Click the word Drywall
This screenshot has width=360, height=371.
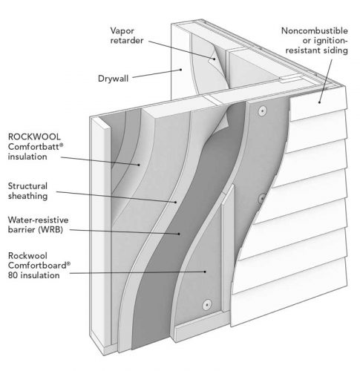click(x=113, y=79)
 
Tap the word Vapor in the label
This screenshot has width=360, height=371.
click(x=122, y=31)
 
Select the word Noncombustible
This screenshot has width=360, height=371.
click(x=315, y=30)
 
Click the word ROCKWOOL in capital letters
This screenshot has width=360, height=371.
click(x=34, y=137)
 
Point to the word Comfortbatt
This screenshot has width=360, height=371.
click(x=34, y=147)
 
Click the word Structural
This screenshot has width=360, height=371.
click(x=27, y=186)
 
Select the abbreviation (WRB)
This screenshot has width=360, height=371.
click(x=50, y=229)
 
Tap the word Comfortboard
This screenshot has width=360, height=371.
click(x=38, y=266)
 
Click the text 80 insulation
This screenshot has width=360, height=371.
click(x=33, y=275)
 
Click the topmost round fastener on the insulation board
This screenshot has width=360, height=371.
click(x=262, y=111)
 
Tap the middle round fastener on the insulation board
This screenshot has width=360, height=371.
click(x=261, y=198)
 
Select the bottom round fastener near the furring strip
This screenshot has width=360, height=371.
click(x=207, y=304)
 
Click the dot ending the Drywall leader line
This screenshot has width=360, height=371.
click(x=180, y=70)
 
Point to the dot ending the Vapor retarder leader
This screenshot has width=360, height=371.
click(x=215, y=59)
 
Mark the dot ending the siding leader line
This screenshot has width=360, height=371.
click(x=319, y=102)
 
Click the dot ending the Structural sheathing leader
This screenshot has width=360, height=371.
click(x=176, y=203)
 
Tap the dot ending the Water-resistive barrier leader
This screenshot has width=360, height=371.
click(x=179, y=234)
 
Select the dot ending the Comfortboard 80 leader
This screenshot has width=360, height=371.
click(x=205, y=272)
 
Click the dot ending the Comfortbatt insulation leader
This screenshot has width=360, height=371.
click(x=139, y=165)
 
